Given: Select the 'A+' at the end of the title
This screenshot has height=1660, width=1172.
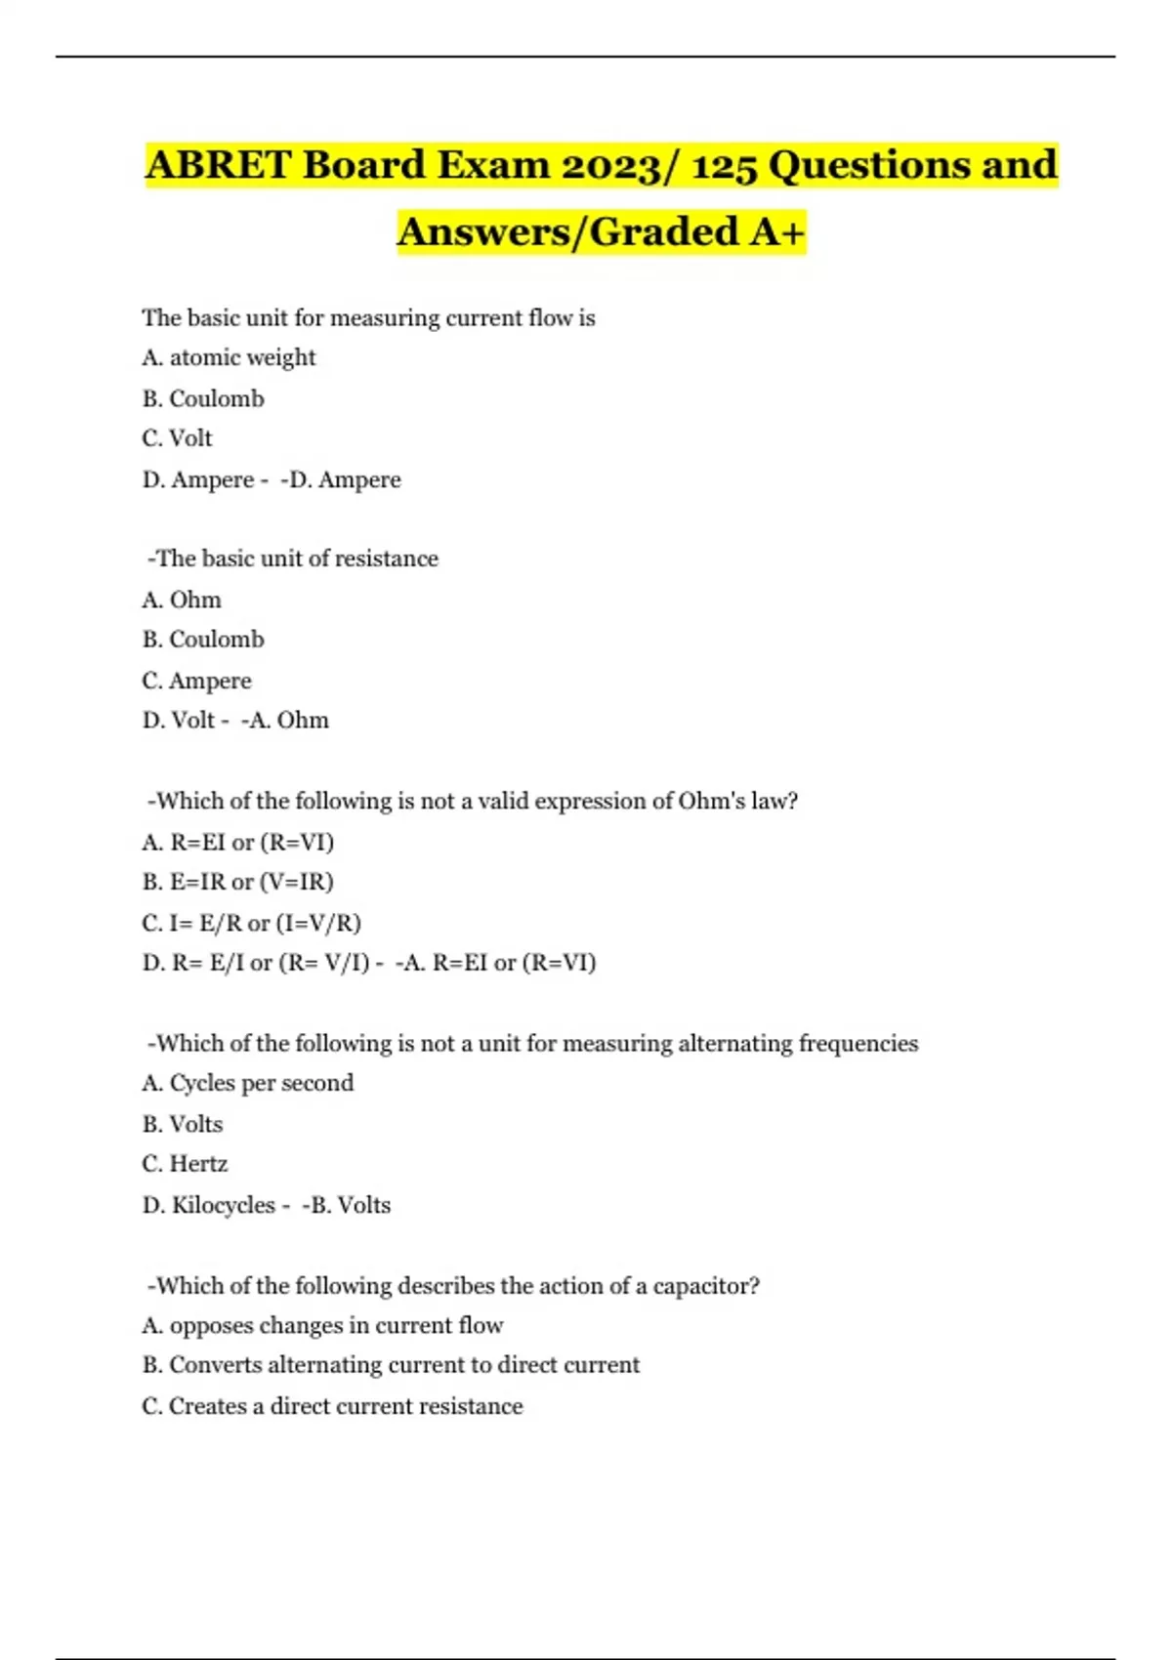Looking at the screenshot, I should pos(777,231).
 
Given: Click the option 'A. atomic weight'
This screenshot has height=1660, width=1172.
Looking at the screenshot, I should pos(229,357).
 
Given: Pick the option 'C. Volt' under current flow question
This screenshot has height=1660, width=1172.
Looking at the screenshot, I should pos(177,438).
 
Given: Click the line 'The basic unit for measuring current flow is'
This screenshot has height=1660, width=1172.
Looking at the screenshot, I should pos(368,317).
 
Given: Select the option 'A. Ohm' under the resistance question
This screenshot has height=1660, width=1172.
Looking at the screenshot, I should pos(182,600).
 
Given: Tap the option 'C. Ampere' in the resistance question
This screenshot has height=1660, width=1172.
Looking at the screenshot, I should pos(196,681).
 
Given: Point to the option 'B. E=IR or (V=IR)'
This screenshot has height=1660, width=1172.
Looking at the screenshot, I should pos(237,882).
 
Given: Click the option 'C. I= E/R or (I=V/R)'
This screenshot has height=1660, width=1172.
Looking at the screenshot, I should pos(251,923).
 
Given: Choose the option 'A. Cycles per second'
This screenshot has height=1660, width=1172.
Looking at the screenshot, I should pos(247,1083).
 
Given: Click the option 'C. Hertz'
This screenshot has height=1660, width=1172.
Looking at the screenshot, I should pos(185,1164).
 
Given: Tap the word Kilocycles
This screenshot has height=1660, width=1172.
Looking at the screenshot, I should pos(223,1205).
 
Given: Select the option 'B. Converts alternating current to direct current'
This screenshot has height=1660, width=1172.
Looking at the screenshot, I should pos(391,1365).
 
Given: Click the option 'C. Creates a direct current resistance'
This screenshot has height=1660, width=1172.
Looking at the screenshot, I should pos(332,1406).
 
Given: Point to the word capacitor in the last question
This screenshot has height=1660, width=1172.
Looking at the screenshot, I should pos(705,1285).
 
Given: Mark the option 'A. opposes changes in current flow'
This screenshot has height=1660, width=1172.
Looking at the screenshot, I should pos(322,1325).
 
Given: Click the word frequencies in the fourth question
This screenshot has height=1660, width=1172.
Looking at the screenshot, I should pos(858,1043).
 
